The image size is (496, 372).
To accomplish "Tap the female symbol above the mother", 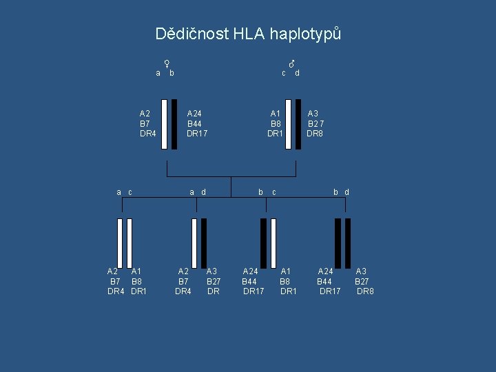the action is point(166,63).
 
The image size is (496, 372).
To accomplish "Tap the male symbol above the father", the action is point(291,63).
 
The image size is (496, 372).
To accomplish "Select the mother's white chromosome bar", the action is point(164,124).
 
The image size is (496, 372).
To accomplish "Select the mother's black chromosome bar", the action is point(174,124).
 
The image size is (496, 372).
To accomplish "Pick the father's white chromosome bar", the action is point(288,124).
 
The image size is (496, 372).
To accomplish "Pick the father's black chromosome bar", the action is point(298,124).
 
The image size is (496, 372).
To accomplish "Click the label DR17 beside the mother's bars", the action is point(197,133).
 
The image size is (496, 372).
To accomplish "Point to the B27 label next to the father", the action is point(316,123).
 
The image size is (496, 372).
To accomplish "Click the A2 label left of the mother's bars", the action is point(145,114).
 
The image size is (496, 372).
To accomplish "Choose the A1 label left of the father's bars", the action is point(276,114).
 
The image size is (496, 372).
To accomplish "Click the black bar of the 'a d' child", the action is point(204,242).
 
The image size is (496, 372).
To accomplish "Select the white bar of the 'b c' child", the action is point(273,242).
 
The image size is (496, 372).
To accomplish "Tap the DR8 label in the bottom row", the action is point(365,291).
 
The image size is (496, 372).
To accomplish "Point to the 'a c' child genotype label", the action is point(124,192).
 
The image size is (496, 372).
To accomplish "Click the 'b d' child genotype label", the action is point(341,192).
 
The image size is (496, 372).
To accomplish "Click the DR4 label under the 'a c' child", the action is point(116,291).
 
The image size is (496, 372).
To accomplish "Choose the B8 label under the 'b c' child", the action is point(285,281).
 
